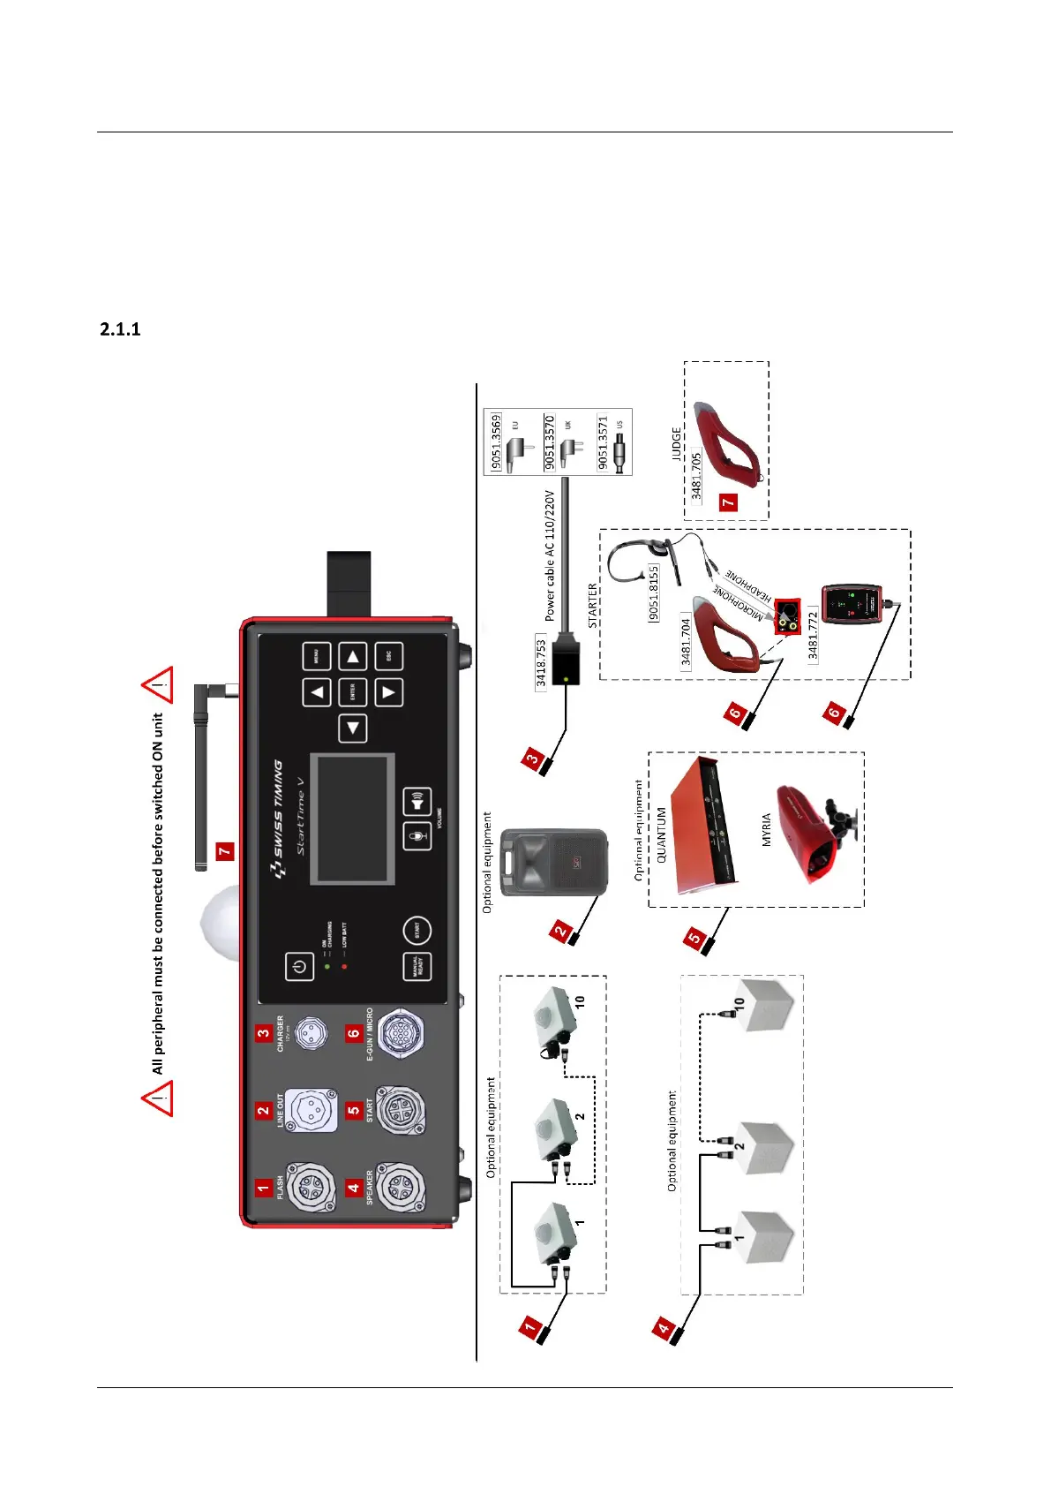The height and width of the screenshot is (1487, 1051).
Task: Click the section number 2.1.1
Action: coord(120,329)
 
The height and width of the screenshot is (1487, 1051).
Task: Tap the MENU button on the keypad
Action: coord(317,656)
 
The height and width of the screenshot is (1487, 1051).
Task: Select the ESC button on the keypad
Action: coord(389,656)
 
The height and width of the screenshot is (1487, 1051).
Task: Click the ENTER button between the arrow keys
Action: coord(353,692)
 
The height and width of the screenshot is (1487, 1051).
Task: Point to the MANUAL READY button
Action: coord(417,967)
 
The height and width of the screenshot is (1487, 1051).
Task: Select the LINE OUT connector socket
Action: coord(311,1109)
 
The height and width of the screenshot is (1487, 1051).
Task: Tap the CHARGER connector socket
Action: coord(310,1033)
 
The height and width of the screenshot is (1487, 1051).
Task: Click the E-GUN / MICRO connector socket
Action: coord(400,1033)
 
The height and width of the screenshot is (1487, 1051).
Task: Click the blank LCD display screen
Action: coord(351,819)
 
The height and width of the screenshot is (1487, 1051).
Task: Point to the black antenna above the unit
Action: coord(201,777)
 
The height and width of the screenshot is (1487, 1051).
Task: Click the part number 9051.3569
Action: coord(497,441)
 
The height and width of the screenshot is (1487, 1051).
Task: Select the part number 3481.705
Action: coord(696,476)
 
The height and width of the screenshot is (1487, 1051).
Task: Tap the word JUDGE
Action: coord(677,444)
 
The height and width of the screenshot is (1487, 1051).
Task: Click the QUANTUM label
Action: coord(662,834)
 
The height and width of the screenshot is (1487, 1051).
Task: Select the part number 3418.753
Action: coord(542,661)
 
